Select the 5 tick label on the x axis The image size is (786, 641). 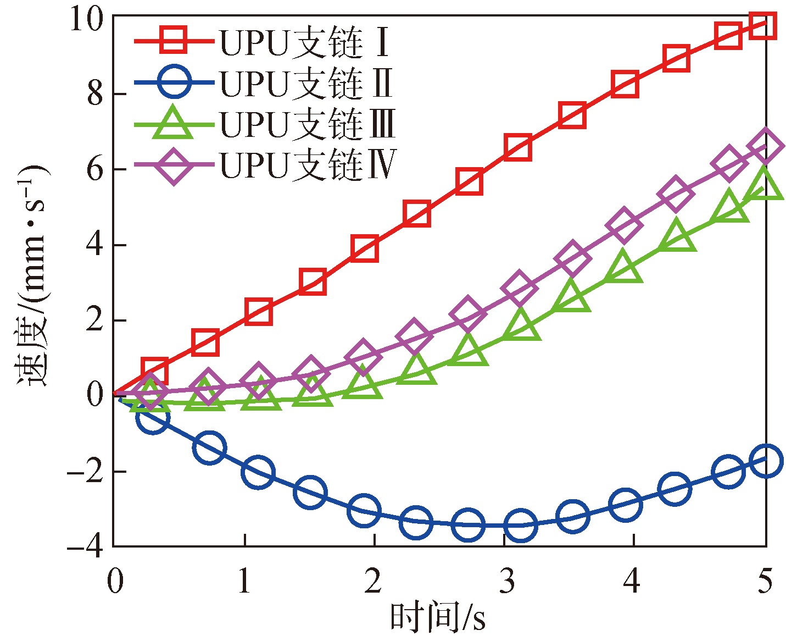tap(765, 581)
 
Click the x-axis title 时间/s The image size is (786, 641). tap(438, 618)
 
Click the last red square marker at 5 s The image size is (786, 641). tap(762, 25)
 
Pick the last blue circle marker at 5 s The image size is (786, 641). tap(765, 461)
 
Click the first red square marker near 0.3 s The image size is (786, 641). tap(154, 371)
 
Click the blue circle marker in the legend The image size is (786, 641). tap(174, 82)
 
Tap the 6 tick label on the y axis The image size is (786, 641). tap(95, 169)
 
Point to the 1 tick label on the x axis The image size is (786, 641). tap(244, 581)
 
